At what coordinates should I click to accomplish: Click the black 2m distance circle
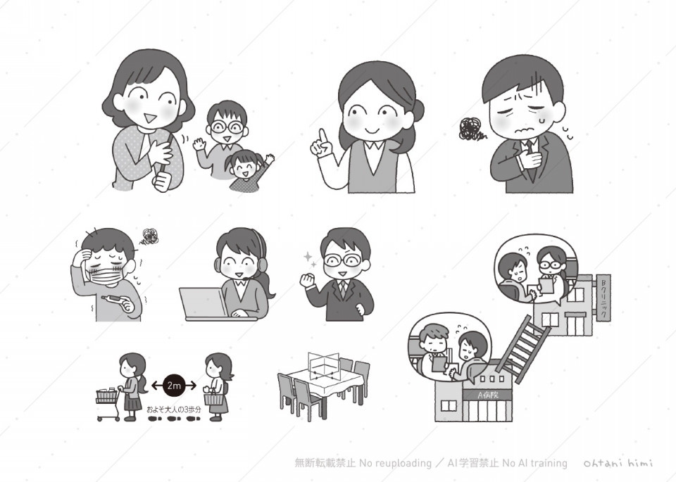pos(174,385)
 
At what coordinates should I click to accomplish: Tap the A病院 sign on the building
pos(487,394)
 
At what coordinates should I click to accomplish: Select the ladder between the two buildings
pos(522,349)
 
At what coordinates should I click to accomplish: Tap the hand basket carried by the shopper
pos(214,398)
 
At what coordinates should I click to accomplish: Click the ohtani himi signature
pos(618,462)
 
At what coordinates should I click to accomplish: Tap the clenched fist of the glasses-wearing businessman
pos(308,281)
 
